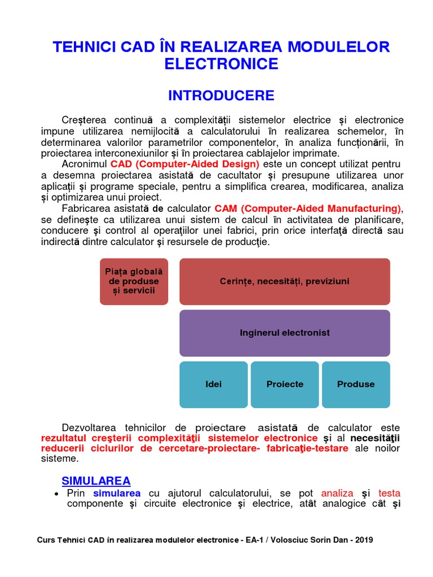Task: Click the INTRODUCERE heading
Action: (221, 95)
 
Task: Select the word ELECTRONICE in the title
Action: (221, 64)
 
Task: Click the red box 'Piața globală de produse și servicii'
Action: (134, 281)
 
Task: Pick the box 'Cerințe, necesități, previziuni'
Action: (284, 281)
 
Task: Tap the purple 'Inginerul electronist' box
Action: (284, 332)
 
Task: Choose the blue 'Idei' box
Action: (213, 384)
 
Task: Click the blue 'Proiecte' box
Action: (284, 384)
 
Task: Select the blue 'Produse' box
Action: (355, 384)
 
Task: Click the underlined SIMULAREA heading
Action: (96, 481)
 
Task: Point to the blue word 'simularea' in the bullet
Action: (117, 493)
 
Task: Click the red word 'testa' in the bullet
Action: (389, 493)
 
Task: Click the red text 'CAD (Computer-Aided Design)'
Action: (185, 164)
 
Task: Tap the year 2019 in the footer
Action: (361, 540)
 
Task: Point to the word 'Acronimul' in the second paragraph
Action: (85, 164)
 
